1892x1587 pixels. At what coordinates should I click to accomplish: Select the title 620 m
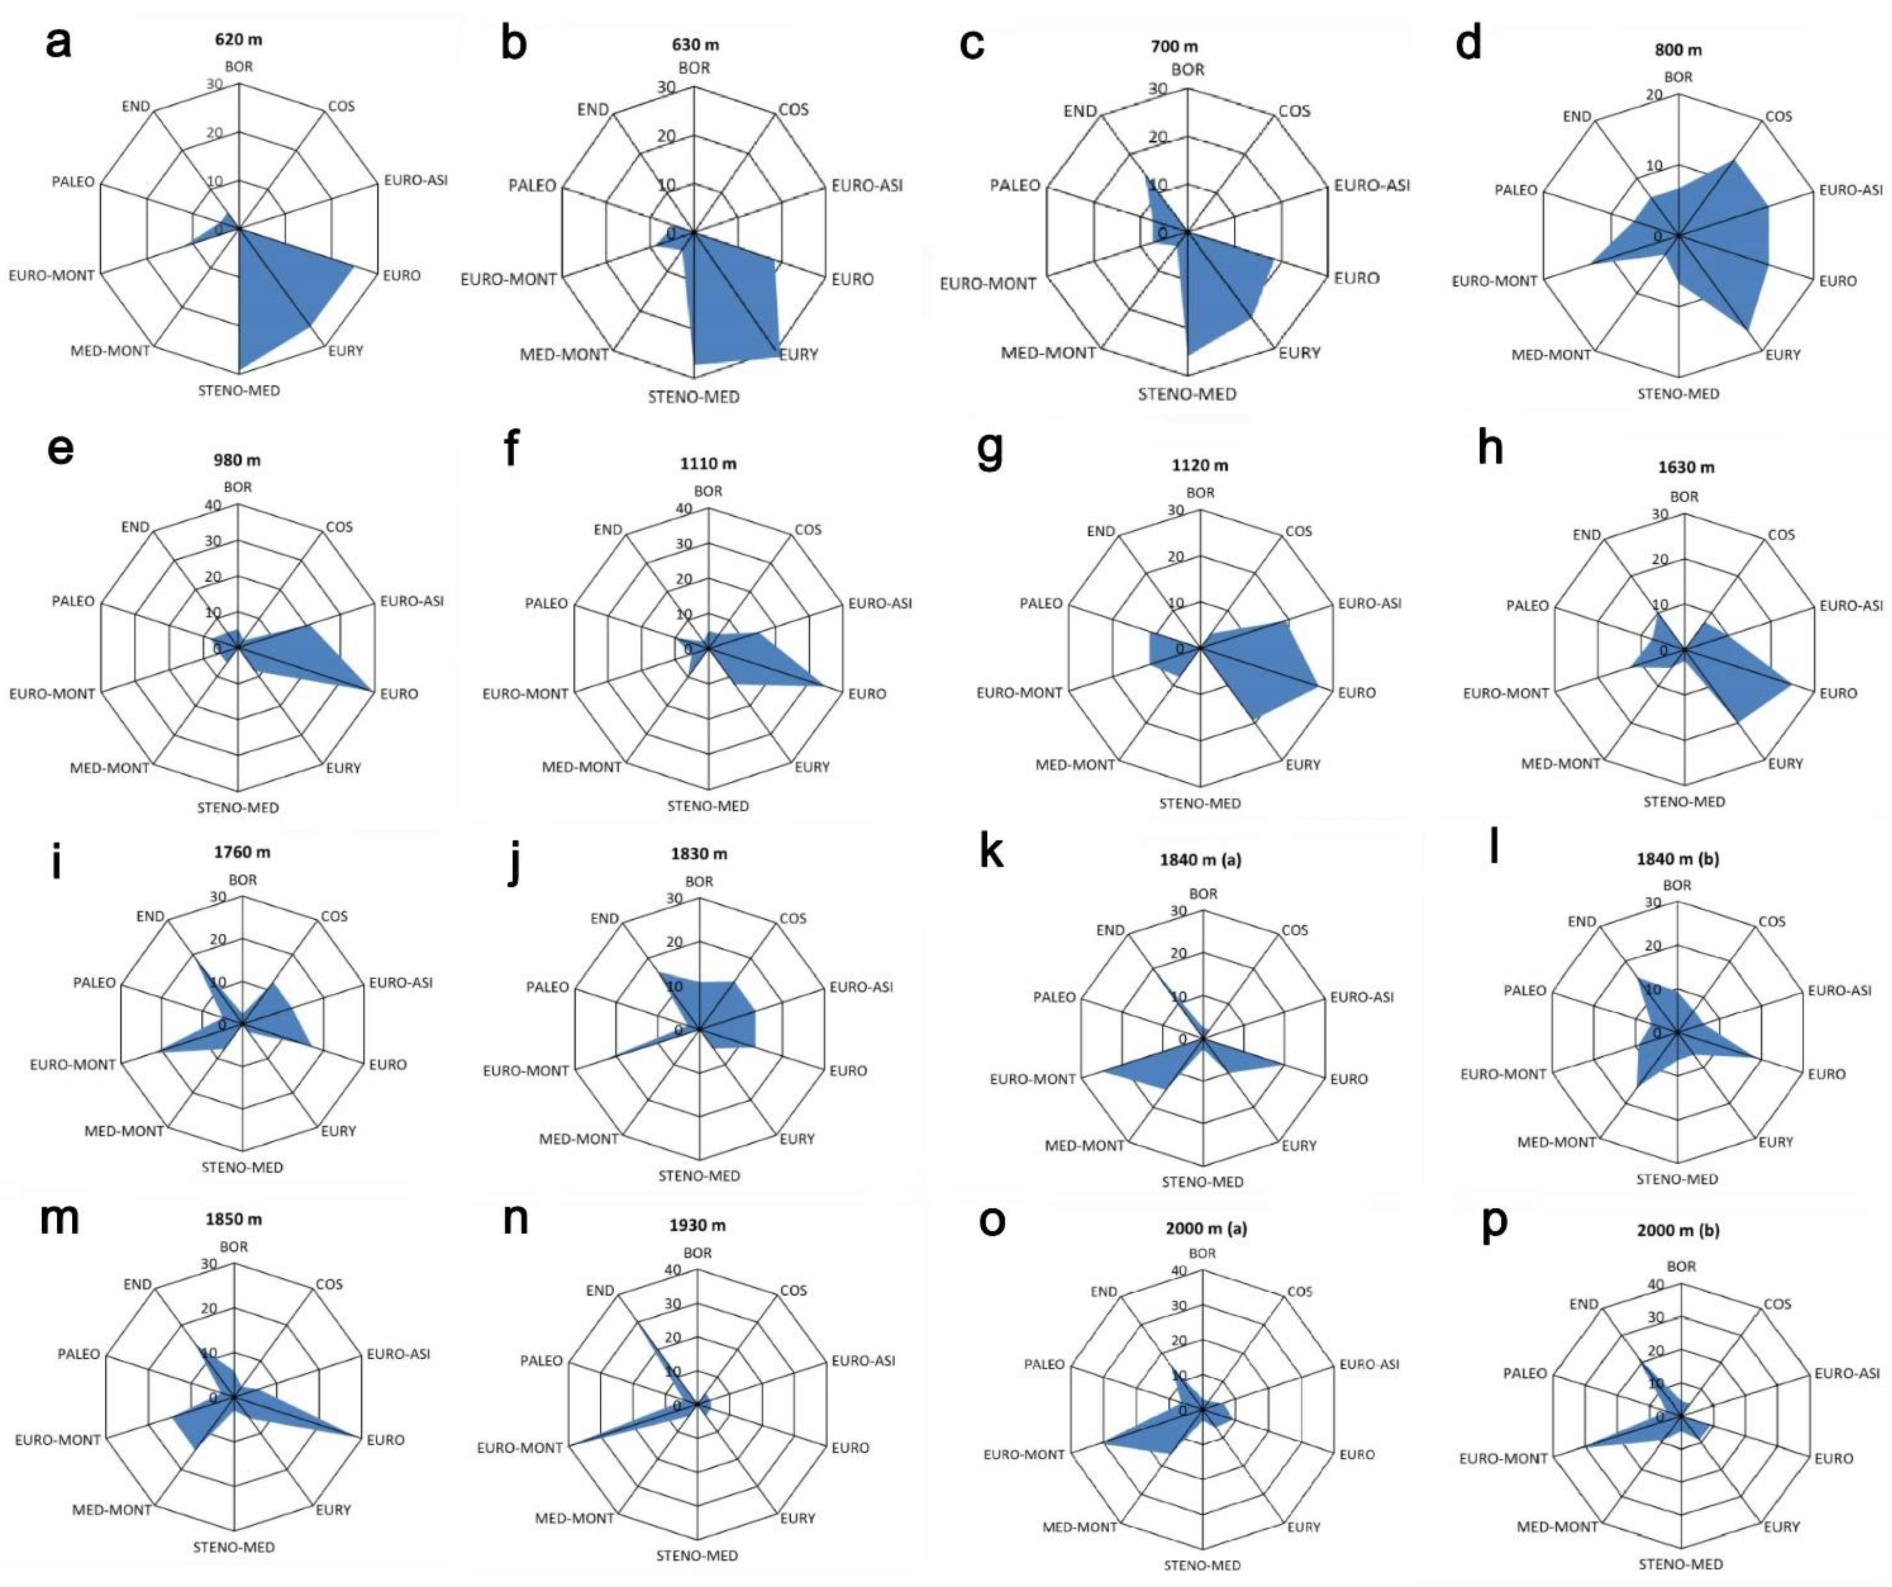pyautogui.click(x=239, y=40)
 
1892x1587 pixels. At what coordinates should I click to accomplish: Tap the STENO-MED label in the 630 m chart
pyautogui.click(x=694, y=397)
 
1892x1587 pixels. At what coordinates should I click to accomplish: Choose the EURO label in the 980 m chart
pyautogui.click(x=399, y=694)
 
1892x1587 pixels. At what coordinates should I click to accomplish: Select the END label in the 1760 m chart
pyautogui.click(x=151, y=916)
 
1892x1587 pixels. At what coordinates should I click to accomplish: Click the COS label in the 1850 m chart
pyautogui.click(x=329, y=1284)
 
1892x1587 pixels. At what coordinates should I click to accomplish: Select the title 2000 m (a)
pyautogui.click(x=1202, y=1228)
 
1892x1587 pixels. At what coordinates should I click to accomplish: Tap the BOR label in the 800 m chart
pyautogui.click(x=1678, y=77)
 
